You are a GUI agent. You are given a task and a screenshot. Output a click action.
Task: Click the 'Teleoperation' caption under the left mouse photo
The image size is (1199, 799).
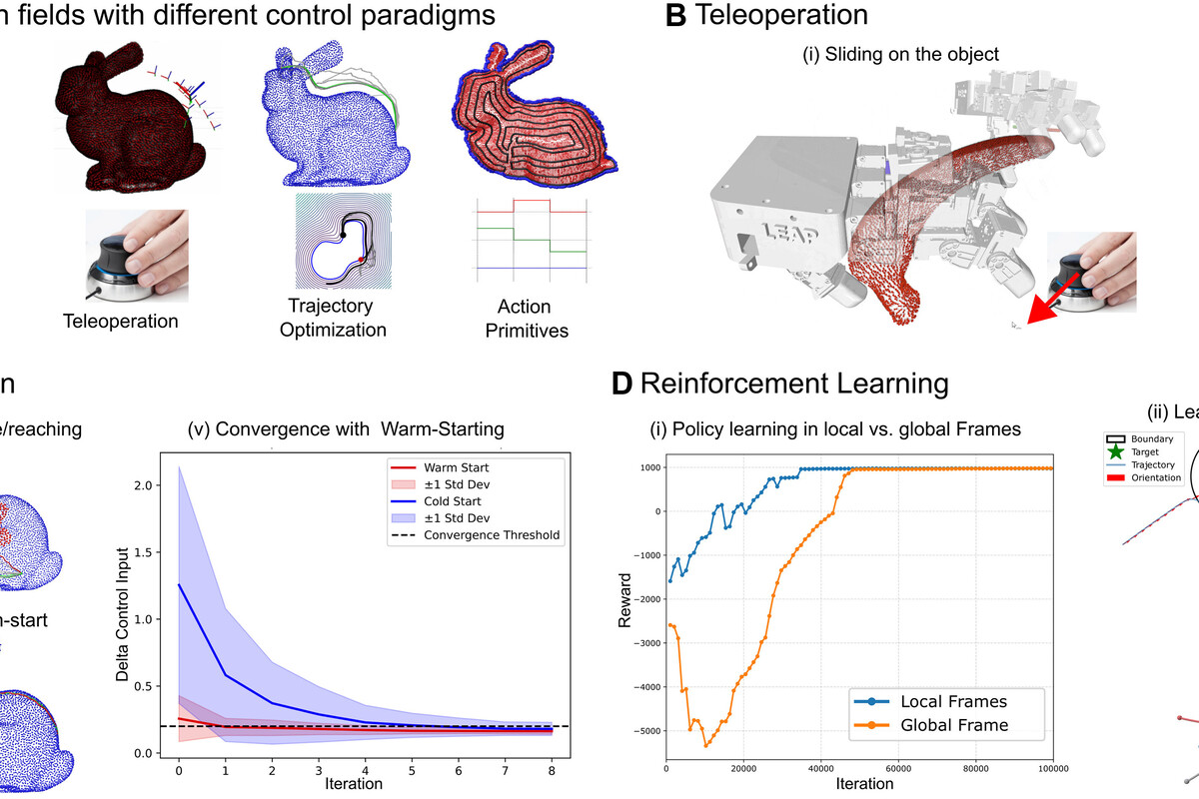(120, 322)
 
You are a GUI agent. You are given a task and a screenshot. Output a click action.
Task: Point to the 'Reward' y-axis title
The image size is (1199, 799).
(624, 599)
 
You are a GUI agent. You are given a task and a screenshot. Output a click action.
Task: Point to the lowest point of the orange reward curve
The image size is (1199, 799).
(706, 746)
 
